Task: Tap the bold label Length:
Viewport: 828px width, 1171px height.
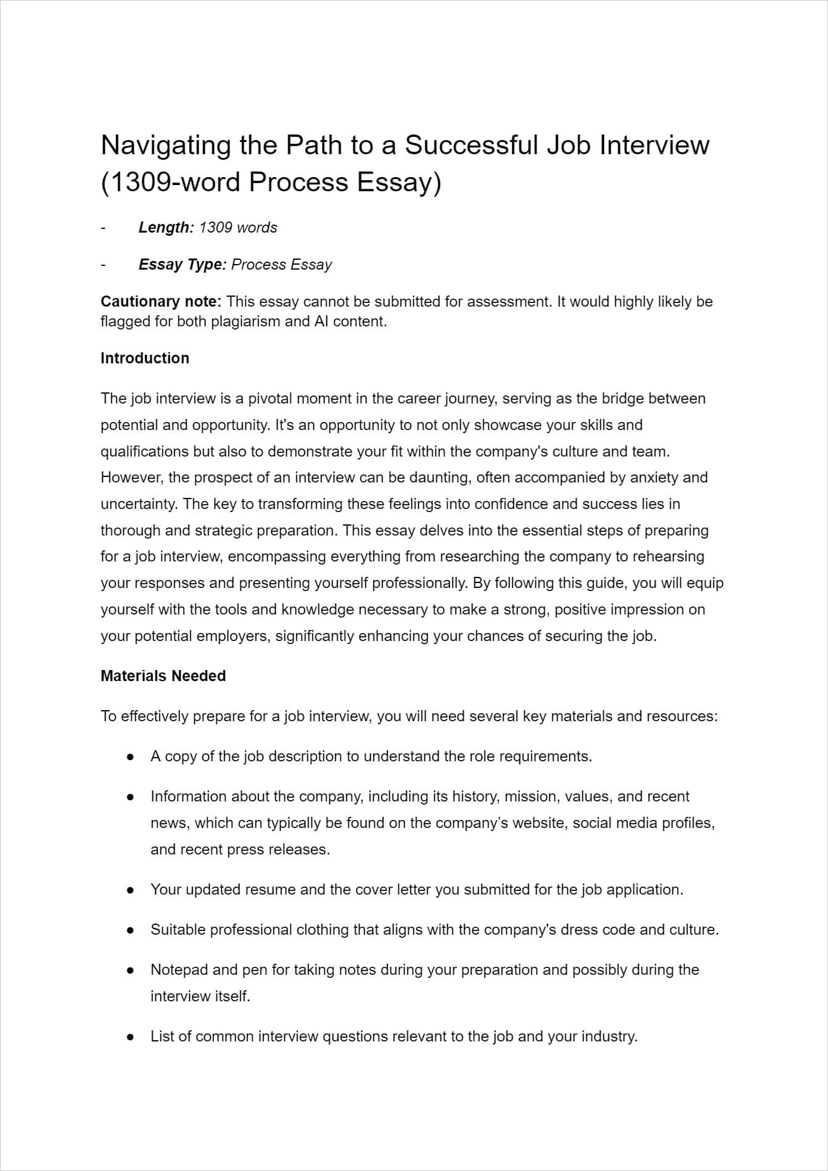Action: (166, 228)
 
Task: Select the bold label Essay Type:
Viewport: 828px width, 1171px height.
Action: (182, 265)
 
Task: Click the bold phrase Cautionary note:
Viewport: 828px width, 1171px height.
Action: (160, 302)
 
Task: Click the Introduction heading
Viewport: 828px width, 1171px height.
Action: (144, 358)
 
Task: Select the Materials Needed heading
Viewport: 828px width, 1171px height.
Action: (163, 676)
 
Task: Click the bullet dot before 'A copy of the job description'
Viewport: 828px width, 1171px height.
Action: (130, 757)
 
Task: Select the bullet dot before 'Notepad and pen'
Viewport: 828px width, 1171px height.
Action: (130, 970)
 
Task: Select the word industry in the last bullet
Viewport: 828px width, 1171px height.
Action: (610, 1037)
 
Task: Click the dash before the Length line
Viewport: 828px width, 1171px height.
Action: (103, 228)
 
